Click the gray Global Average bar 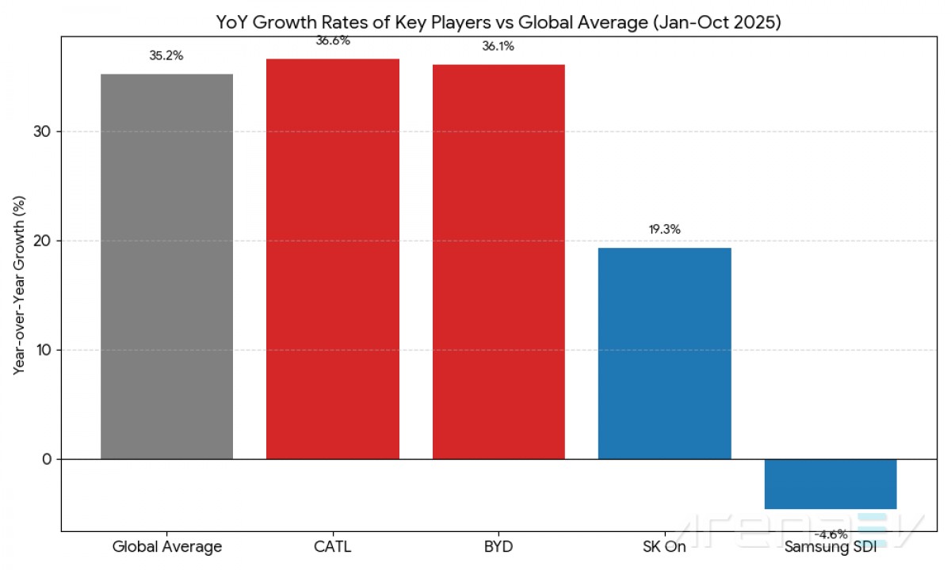[x=166, y=266]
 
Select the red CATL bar [x=332, y=259]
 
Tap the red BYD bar [x=498, y=261]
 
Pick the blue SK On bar [x=664, y=353]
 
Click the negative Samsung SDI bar [x=830, y=484]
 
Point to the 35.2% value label [x=166, y=56]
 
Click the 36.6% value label [x=332, y=41]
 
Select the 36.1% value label [x=498, y=47]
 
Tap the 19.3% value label [x=664, y=230]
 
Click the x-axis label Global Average [x=166, y=546]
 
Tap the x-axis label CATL [x=332, y=546]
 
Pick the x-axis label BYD [x=498, y=546]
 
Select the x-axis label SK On [x=664, y=546]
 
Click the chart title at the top [x=499, y=23]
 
